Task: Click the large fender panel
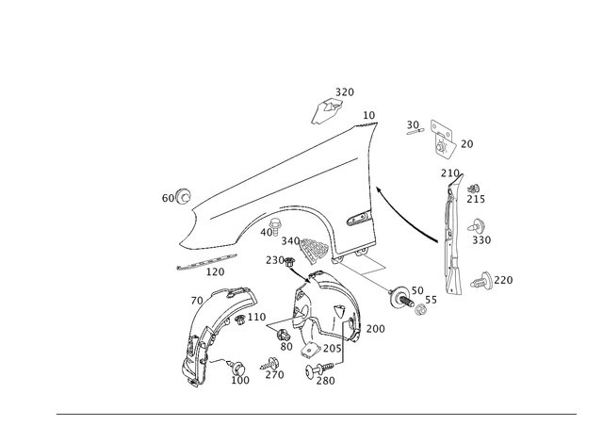click(283, 179)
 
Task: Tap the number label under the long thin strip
click(213, 274)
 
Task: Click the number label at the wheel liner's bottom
click(242, 380)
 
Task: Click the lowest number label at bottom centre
click(325, 380)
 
